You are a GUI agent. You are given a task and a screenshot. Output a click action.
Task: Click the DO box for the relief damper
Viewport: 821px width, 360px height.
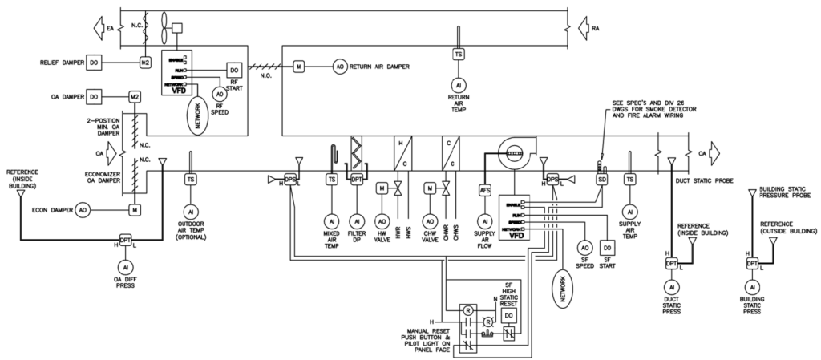93,62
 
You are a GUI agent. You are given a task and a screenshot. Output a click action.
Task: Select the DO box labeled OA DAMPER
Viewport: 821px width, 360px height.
93,97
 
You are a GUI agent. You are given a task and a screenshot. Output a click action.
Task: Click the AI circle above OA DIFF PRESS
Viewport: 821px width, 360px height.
125,266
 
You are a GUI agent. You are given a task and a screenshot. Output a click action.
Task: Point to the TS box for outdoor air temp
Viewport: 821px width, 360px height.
190,180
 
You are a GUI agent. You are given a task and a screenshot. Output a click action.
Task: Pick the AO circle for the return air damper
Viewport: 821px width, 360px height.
338,66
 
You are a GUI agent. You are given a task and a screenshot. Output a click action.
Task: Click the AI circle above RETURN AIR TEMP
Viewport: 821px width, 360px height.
458,84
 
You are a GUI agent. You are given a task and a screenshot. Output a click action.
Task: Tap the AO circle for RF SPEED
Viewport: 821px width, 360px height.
219,94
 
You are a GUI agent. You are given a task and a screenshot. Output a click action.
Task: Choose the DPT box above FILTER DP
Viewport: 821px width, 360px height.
357,180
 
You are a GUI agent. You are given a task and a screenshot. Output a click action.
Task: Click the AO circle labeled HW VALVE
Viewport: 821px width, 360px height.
382,220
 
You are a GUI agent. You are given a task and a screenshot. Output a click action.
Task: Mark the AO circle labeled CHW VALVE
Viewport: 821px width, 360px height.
430,220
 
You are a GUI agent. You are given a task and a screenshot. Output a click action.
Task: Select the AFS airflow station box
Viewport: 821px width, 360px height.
484,191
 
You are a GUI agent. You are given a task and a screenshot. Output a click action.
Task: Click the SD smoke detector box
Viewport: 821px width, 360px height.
601,180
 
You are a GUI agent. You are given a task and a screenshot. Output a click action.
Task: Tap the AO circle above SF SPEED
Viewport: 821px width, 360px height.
584,248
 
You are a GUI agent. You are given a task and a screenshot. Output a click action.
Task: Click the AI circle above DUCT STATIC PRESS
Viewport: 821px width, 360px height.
671,286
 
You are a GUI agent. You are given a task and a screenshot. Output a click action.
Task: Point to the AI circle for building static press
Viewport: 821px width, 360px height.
752,286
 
